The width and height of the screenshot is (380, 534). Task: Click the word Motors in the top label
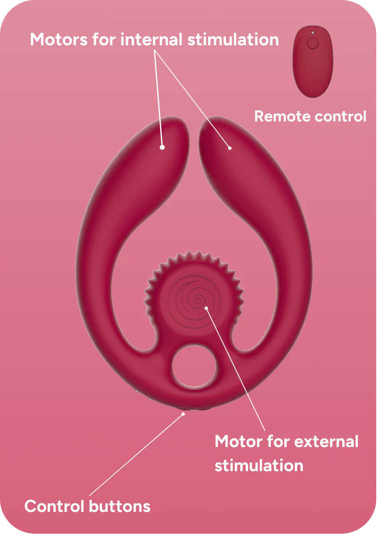click(59, 40)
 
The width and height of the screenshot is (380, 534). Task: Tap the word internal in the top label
click(152, 40)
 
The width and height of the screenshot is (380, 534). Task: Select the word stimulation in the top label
click(233, 40)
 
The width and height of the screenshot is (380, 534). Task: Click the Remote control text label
click(310, 116)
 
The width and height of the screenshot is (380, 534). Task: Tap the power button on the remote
click(313, 43)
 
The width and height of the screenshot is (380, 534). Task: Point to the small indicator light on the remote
click(313, 33)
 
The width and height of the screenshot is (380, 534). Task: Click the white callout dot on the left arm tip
click(162, 147)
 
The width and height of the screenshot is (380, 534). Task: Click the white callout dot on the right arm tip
click(230, 148)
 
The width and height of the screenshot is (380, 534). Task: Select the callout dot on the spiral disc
click(206, 308)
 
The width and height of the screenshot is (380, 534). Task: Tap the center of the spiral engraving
click(198, 300)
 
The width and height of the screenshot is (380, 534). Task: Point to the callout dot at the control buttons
click(183, 414)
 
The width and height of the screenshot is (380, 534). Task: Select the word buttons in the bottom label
click(120, 507)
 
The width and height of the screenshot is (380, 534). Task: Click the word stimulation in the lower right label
click(259, 465)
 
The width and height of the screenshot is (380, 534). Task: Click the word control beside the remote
click(340, 116)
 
